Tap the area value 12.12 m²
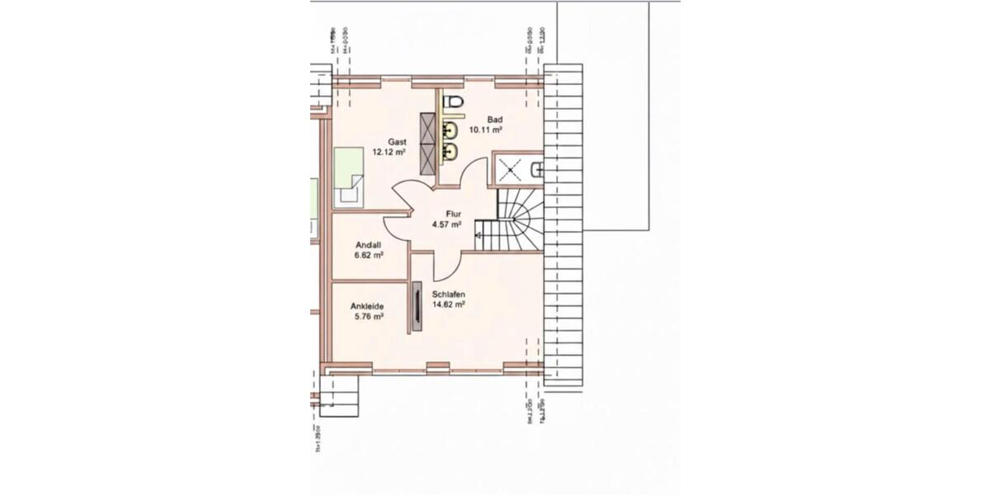[389, 152]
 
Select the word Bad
[495, 120]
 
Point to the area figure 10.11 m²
[486, 130]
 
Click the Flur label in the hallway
[453, 214]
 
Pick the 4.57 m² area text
[446, 224]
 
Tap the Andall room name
[368, 245]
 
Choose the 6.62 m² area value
[369, 255]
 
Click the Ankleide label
[368, 306]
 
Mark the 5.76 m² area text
[368, 316]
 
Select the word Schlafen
[449, 295]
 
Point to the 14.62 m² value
[448, 304]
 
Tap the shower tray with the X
[511, 170]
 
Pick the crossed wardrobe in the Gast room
[428, 141]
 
